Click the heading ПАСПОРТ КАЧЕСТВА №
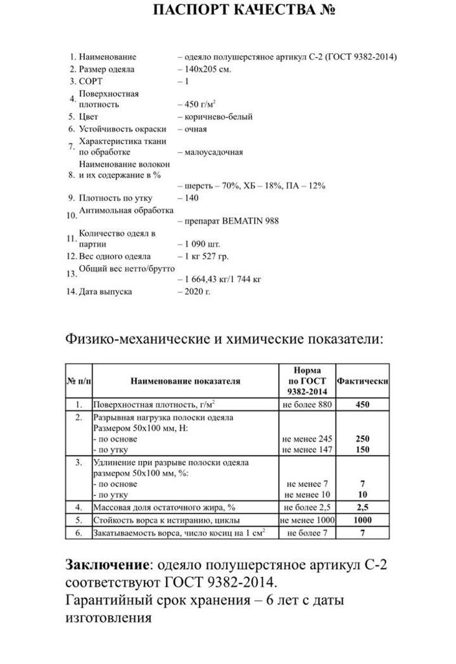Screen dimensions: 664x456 244,11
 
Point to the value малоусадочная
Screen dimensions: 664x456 214,152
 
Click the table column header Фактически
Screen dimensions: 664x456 363,381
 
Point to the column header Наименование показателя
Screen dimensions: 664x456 185,381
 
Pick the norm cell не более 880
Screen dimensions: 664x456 307,404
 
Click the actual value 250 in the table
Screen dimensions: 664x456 363,438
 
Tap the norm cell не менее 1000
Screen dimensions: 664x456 307,520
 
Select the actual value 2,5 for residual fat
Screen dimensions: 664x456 363,508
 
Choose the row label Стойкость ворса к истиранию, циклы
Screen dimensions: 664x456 167,520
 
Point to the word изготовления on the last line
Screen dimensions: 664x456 109,618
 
